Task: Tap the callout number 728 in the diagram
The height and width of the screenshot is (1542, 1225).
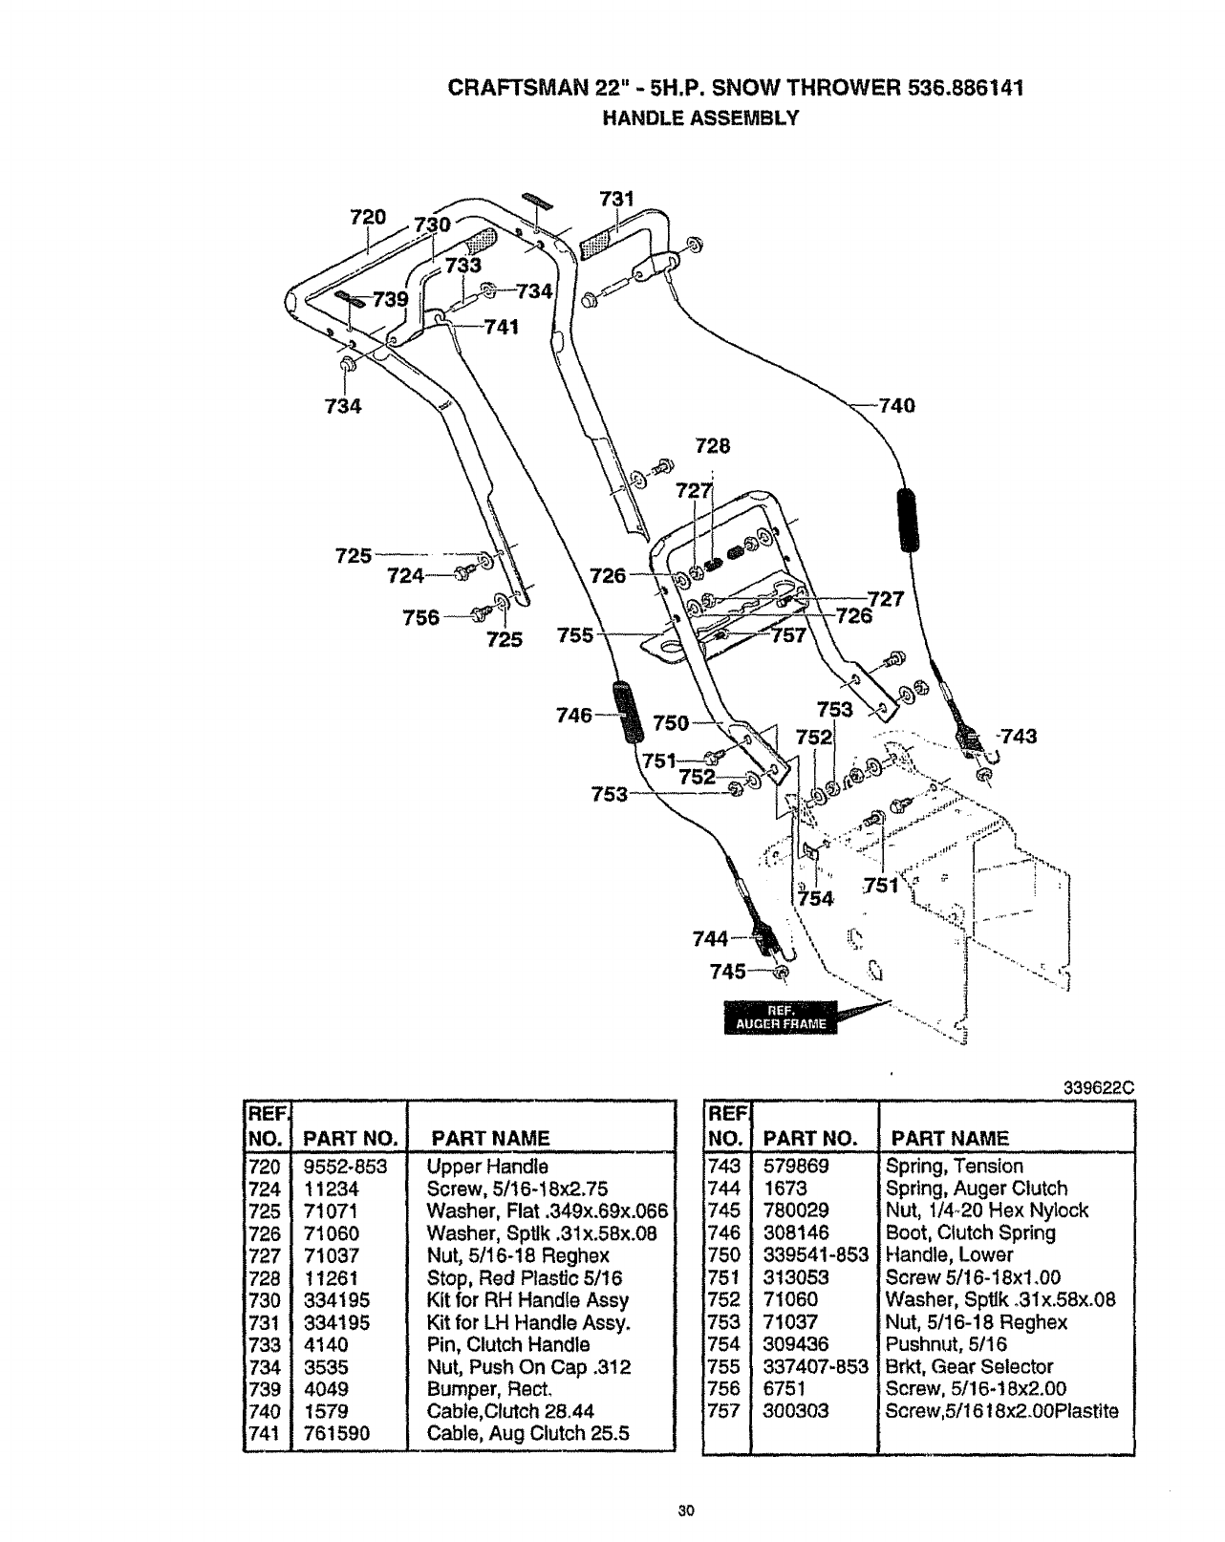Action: [x=712, y=445]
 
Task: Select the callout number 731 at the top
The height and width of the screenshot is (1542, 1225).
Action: [x=616, y=199]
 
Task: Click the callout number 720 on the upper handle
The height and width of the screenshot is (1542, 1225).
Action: [x=368, y=217]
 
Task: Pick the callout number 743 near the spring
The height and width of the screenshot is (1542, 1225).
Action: [x=1018, y=736]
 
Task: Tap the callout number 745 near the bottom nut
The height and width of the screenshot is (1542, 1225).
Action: [x=728, y=972]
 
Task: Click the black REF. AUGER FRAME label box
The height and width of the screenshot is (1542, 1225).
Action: [x=781, y=1017]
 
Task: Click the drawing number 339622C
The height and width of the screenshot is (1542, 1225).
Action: [x=1097, y=1086]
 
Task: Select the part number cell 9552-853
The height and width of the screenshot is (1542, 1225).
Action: [x=344, y=1167]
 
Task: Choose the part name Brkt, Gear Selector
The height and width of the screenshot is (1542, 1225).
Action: [x=969, y=1367]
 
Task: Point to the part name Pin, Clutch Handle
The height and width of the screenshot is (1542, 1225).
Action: [x=508, y=1345]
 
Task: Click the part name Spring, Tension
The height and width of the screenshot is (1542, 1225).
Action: [x=954, y=1167]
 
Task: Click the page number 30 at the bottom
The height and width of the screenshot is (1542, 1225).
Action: [x=684, y=1510]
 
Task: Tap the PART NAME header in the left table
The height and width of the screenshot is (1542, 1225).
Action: [x=490, y=1139]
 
